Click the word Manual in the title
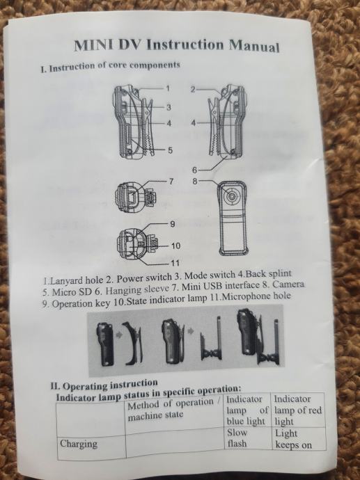click(254, 47)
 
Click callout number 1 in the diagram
click(168, 88)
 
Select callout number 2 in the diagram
click(193, 89)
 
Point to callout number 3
click(169, 107)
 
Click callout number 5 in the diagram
click(170, 150)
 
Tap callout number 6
click(194, 170)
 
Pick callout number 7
click(171, 182)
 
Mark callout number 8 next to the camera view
click(195, 182)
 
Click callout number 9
click(173, 225)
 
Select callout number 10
click(175, 246)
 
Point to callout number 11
click(175, 263)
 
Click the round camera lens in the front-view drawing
click(231, 195)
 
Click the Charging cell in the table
click(79, 444)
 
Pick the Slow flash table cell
click(237, 438)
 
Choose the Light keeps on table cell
click(293, 439)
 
